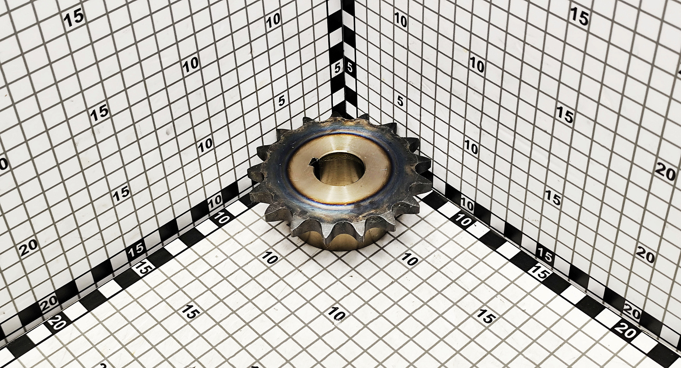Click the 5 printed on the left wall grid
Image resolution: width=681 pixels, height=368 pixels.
(282, 101)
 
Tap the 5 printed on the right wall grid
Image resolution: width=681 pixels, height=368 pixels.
(400, 101)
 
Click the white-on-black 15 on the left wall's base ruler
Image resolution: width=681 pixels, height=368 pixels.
(136, 249)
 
